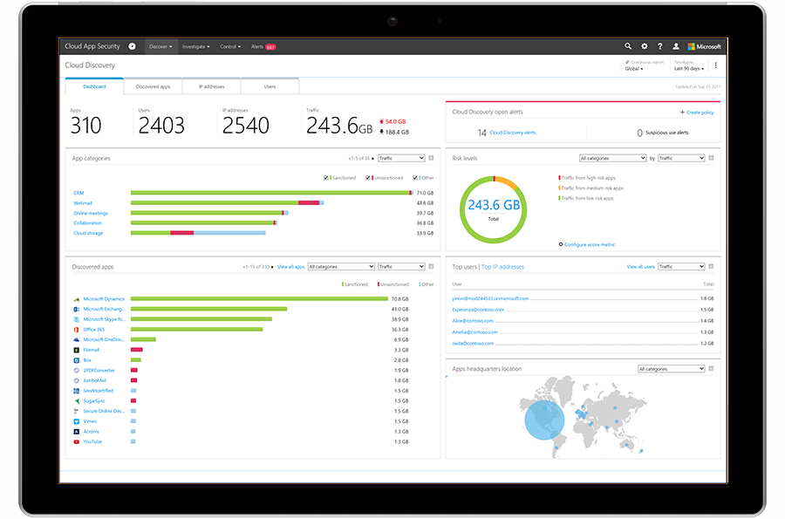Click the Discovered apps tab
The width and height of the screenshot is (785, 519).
click(159, 86)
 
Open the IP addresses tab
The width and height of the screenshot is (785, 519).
click(211, 86)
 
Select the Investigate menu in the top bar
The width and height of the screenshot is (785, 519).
click(195, 46)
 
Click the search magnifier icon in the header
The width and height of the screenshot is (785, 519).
click(628, 46)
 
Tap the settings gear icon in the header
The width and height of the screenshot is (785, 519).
click(645, 46)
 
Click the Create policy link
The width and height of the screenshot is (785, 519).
click(697, 113)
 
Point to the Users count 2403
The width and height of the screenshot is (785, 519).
click(161, 126)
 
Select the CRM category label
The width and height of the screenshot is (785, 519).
click(78, 193)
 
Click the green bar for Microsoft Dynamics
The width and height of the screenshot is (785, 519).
click(258, 298)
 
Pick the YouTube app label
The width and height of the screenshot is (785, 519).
click(92, 441)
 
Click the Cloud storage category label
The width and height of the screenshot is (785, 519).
click(87, 233)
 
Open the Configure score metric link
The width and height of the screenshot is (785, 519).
click(589, 244)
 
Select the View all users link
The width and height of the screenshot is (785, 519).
click(640, 267)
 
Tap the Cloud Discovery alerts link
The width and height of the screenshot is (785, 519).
click(513, 133)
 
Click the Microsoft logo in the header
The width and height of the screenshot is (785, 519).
click(704, 46)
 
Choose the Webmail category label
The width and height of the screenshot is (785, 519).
click(82, 202)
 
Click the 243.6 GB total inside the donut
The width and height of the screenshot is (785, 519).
click(493, 206)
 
